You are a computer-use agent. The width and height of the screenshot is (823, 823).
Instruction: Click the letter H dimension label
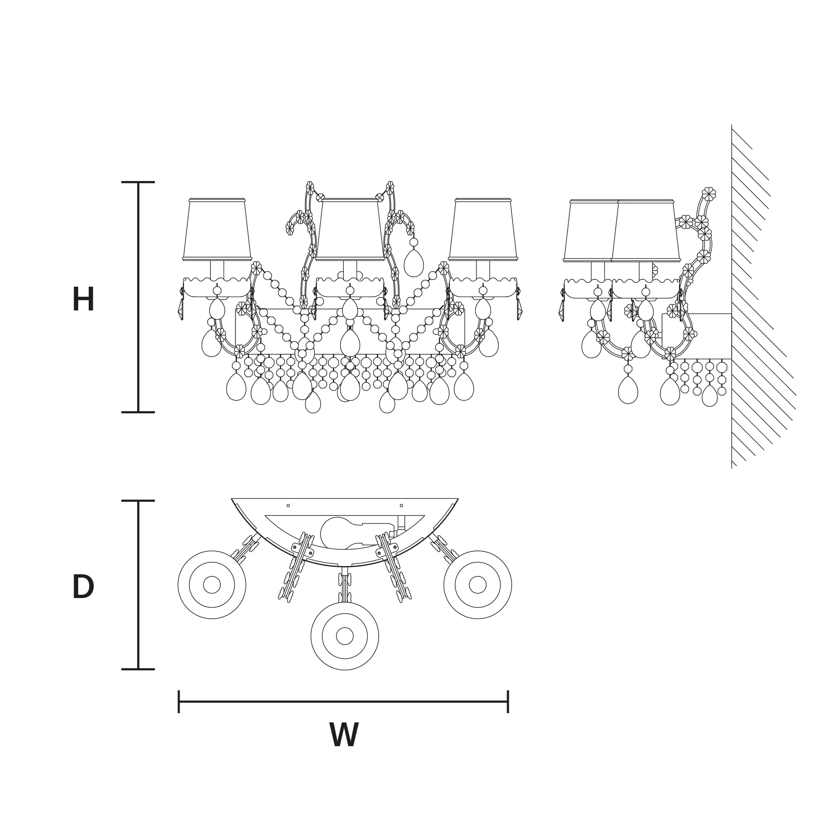[83, 300]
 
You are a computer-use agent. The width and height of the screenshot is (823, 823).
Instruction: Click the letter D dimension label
[83, 587]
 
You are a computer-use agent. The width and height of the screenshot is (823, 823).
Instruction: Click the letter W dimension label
[344, 736]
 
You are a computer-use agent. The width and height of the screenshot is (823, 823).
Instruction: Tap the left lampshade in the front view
[217, 230]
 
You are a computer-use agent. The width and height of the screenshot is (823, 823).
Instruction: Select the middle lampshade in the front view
[350, 230]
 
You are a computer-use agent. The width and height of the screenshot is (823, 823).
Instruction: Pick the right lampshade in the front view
[483, 230]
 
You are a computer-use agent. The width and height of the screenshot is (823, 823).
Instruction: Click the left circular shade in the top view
[212, 585]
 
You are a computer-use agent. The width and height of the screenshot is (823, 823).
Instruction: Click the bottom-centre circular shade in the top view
[345, 636]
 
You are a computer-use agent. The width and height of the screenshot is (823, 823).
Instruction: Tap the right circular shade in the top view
[478, 585]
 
